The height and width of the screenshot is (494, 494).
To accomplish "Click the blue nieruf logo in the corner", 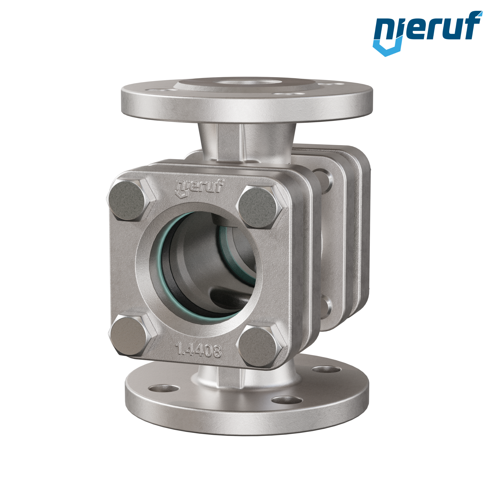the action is tap(427, 33).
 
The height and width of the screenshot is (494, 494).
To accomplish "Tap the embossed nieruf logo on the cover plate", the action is tap(199, 188).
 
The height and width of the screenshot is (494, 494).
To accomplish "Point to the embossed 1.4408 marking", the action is tap(198, 351).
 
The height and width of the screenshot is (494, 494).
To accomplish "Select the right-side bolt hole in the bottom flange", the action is tap(327, 370).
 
